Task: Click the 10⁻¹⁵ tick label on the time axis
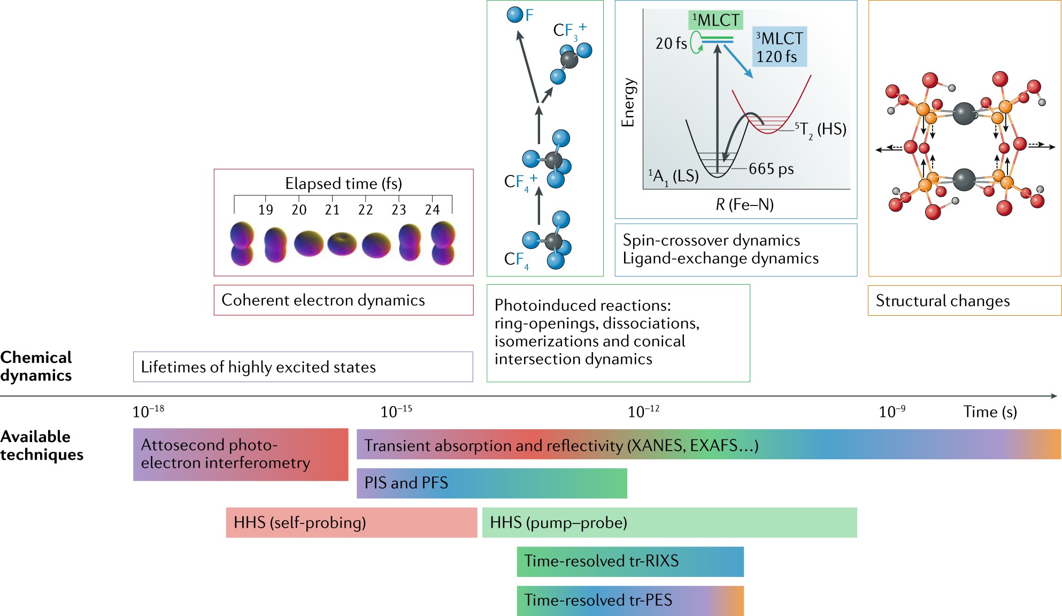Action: (x=396, y=412)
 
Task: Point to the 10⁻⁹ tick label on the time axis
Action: (x=892, y=412)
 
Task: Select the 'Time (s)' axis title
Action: (x=990, y=412)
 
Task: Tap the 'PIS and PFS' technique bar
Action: (x=491, y=483)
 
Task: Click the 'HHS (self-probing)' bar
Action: (x=351, y=522)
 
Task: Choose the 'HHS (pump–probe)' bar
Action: (x=669, y=522)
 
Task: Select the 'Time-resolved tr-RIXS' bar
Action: (x=630, y=561)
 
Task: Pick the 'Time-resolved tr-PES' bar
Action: (x=630, y=600)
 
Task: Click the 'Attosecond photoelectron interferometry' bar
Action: (x=240, y=454)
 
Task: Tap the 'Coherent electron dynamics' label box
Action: (x=343, y=300)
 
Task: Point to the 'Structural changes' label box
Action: (x=964, y=301)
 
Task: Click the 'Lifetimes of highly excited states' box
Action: (x=303, y=367)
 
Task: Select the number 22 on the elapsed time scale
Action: (x=365, y=210)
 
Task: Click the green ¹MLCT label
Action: (x=715, y=20)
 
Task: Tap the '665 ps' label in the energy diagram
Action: (x=771, y=169)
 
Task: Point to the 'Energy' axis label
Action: (x=628, y=103)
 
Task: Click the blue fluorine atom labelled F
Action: (x=515, y=14)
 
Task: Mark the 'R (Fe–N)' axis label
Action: (x=744, y=204)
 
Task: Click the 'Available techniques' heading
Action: (x=42, y=445)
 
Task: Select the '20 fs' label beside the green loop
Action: (x=671, y=43)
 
